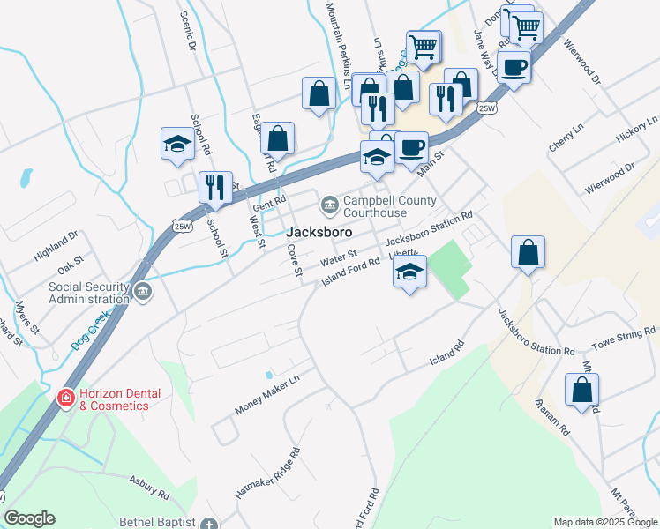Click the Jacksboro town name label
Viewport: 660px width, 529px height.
tap(319, 232)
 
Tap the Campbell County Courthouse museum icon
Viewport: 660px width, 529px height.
tap(329, 205)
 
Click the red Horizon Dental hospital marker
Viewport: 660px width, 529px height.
tap(64, 399)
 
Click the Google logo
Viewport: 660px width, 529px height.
tap(29, 518)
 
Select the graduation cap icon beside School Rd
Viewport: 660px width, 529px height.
tap(177, 144)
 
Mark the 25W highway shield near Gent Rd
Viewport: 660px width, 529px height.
tap(183, 227)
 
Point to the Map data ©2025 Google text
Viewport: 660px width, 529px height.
tap(604, 522)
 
